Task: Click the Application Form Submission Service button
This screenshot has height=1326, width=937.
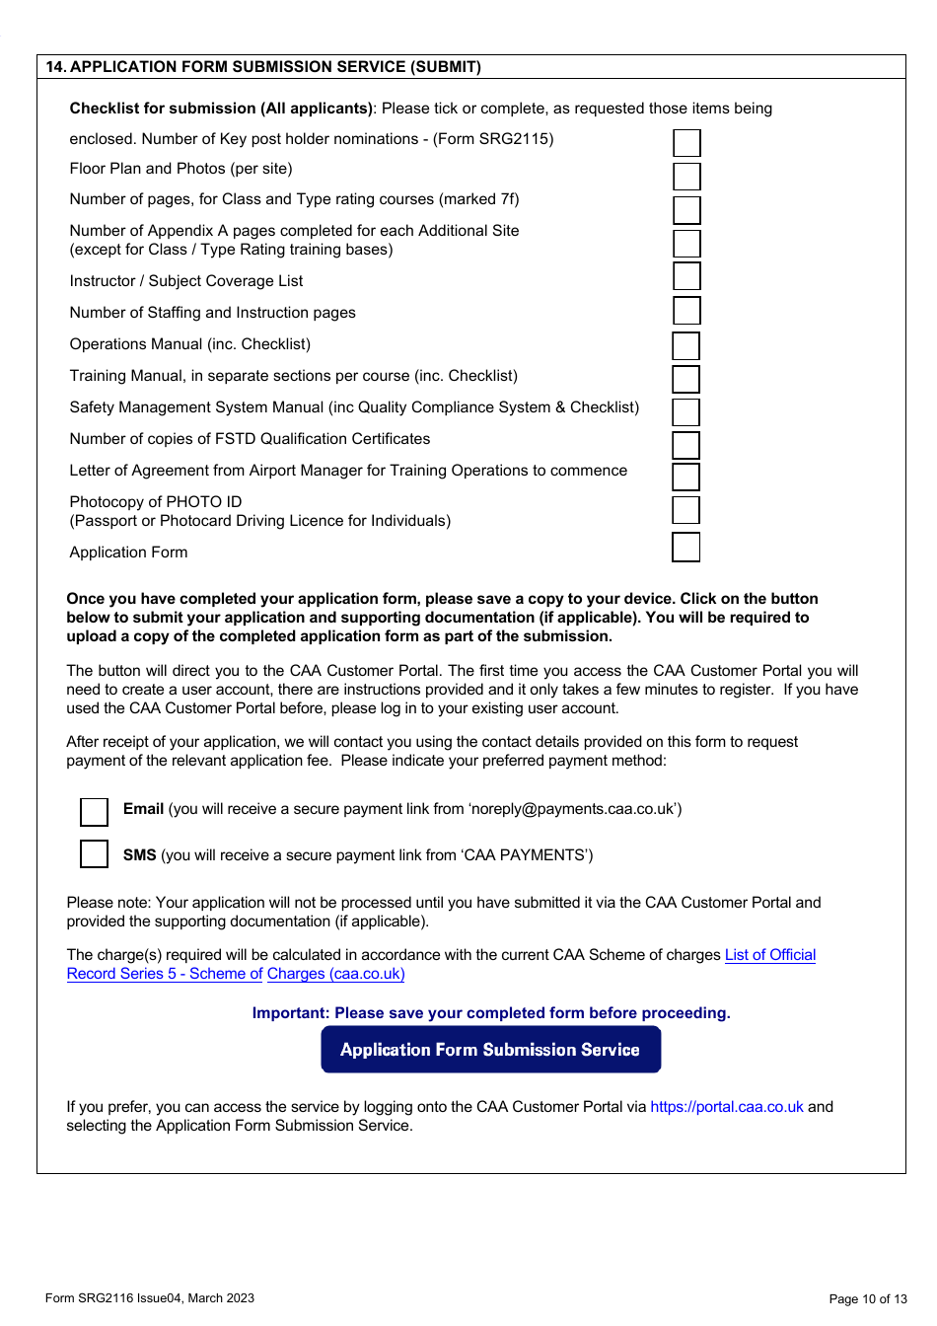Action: [x=490, y=1050]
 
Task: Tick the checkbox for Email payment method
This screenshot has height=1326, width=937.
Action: [x=94, y=811]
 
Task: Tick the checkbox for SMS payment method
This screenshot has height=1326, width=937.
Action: [x=94, y=853]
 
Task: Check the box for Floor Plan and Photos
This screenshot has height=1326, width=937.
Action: [x=686, y=177]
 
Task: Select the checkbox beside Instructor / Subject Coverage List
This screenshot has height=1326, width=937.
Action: [x=686, y=276]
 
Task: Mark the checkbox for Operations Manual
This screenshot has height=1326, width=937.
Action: [x=685, y=346]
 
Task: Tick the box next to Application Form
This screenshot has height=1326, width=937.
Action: [x=685, y=547]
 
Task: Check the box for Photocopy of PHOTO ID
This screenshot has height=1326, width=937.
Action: [x=685, y=510]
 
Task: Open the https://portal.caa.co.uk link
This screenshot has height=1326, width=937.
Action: [x=727, y=1107]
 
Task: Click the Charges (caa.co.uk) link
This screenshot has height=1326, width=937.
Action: [x=335, y=974]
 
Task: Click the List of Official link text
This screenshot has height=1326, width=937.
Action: [x=769, y=955]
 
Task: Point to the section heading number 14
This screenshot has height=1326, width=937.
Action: [x=56, y=67]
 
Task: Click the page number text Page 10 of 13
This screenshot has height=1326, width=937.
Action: [x=867, y=1298]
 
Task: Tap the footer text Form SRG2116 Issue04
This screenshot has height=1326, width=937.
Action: [x=149, y=1298]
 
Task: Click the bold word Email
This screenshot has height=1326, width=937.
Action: [x=143, y=809]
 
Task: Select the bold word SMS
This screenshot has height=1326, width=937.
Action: [x=139, y=855]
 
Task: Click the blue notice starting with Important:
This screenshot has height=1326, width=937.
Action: [x=491, y=1013]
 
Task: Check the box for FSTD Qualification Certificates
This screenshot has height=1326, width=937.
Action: [x=685, y=445]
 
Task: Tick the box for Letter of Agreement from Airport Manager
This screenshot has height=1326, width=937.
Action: [x=685, y=477]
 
